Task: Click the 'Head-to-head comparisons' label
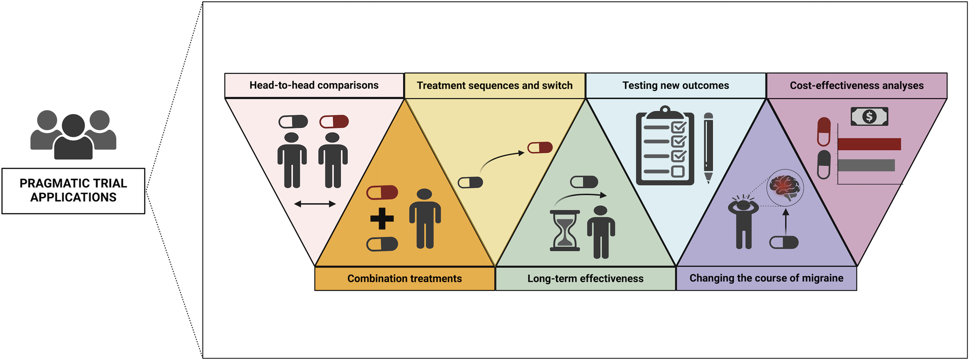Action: tap(314, 85)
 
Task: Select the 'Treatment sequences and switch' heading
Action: tap(495, 85)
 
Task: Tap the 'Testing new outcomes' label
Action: tap(676, 85)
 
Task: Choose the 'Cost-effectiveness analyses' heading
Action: tap(857, 85)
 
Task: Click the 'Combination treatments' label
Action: tap(404, 278)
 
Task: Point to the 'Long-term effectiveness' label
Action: tap(585, 278)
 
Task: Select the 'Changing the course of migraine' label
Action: tap(766, 278)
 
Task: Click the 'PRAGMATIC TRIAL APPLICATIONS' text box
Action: tap(73, 191)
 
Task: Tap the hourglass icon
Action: tap(565, 231)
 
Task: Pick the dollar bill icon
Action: tap(869, 116)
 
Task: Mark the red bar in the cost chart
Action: tap(869, 144)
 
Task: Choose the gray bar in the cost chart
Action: tap(866, 165)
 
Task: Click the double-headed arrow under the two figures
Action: tap(315, 204)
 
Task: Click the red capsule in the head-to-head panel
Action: tap(334, 121)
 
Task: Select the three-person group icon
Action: tap(73, 134)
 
